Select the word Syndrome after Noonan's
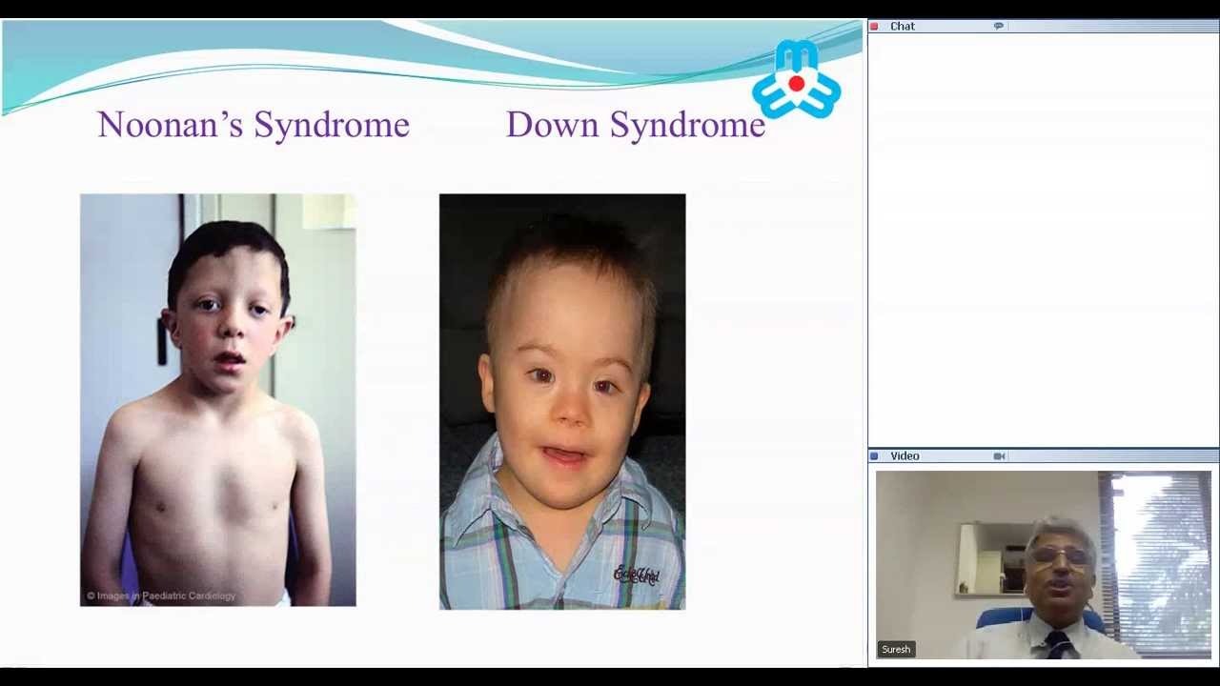tap(332, 125)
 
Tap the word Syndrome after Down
tap(687, 125)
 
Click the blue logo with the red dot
tap(796, 80)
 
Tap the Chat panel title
tap(903, 27)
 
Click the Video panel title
tap(905, 456)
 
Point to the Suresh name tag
tap(896, 649)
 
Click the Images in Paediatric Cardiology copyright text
tap(161, 596)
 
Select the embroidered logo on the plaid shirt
tap(637, 575)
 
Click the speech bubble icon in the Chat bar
tap(998, 27)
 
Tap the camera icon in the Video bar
tap(999, 456)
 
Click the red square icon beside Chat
tap(874, 27)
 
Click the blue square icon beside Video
tap(874, 456)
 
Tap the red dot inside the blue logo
tap(796, 84)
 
